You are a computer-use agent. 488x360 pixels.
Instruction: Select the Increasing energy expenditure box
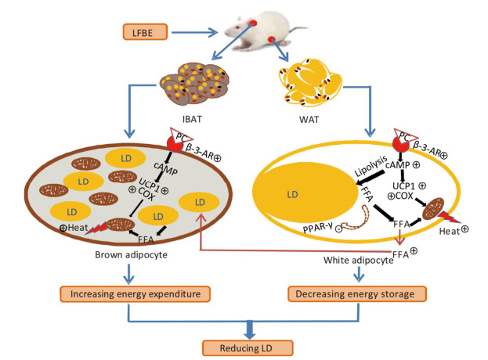pyautogui.click(x=159, y=294)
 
